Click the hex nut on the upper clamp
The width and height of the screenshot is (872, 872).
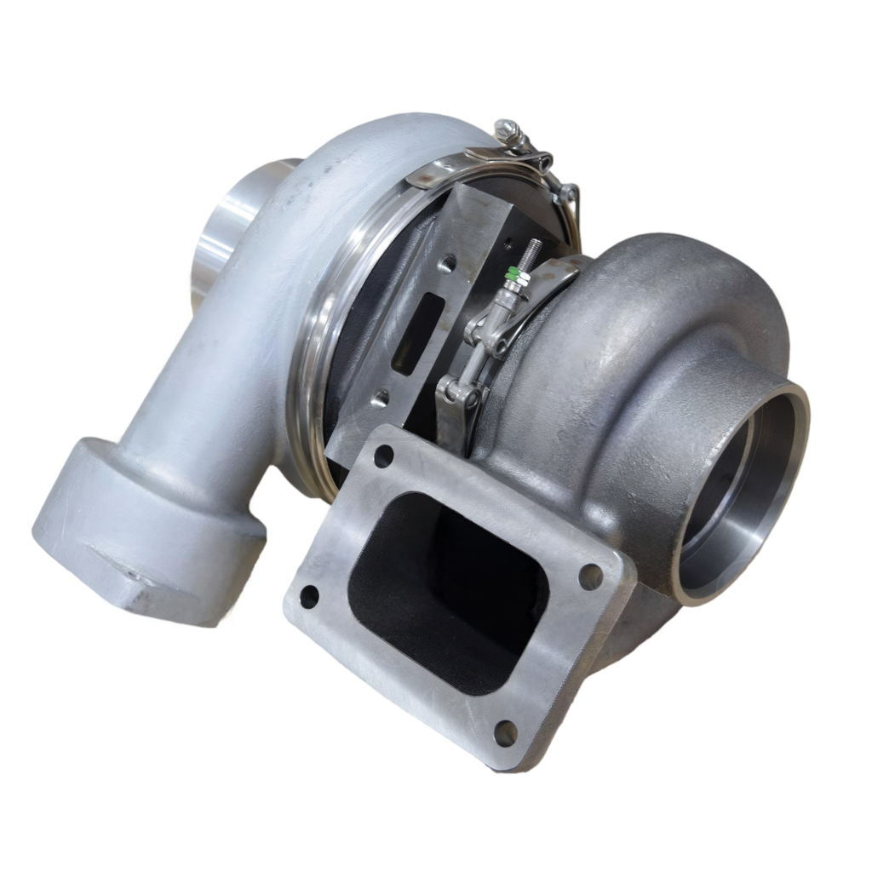[x=508, y=130]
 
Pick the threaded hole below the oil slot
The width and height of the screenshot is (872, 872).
[x=381, y=397]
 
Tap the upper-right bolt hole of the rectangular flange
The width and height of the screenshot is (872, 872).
[x=590, y=577]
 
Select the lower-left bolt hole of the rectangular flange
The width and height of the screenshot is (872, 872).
[x=309, y=596]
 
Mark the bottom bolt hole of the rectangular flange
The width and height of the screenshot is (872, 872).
[x=505, y=732]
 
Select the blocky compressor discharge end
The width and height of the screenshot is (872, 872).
[x=145, y=528]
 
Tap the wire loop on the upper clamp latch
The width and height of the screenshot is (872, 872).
[x=571, y=204]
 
